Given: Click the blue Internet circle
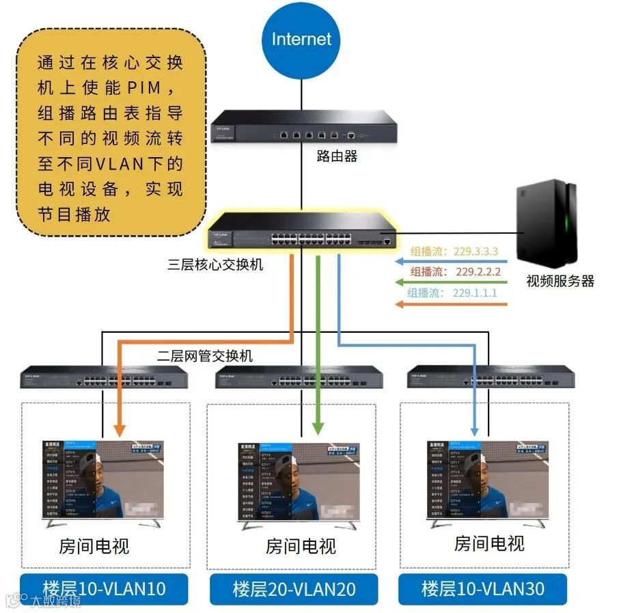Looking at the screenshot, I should [x=301, y=40].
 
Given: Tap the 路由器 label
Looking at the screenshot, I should [x=337, y=156].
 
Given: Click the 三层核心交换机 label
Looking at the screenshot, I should [x=215, y=264].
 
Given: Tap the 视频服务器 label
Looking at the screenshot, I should [x=560, y=280].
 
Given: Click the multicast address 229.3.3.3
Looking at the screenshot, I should [x=476, y=251].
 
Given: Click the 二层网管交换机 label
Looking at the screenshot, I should [x=204, y=356].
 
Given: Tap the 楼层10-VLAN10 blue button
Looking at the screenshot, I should [x=104, y=588].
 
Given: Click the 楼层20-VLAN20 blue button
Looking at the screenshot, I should [x=294, y=589].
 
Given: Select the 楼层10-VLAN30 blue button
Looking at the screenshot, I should [x=482, y=588].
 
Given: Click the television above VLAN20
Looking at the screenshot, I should [x=299, y=484].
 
